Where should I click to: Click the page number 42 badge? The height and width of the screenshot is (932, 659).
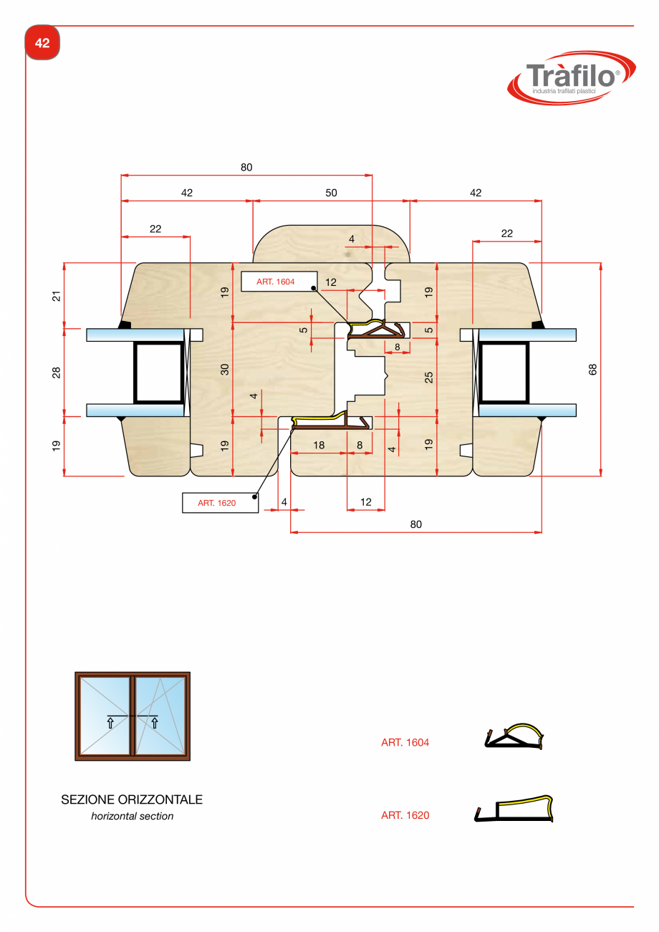(42, 43)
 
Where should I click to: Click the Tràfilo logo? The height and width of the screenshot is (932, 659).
(571, 77)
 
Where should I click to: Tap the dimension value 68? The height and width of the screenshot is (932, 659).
(592, 369)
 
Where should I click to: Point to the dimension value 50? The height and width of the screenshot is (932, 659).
(331, 193)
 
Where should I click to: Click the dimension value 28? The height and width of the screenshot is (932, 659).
(57, 372)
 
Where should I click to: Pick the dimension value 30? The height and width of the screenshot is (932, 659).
(224, 370)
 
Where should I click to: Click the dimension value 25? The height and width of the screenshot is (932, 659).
(428, 376)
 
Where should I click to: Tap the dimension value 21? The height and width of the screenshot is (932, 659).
(57, 295)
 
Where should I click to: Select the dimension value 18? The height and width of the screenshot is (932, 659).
(319, 445)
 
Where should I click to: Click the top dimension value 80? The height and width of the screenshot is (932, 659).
(246, 168)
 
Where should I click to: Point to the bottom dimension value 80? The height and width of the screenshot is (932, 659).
(416, 524)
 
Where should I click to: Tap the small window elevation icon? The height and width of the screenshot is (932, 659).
(133, 716)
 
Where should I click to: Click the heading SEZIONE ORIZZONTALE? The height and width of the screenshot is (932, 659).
(132, 799)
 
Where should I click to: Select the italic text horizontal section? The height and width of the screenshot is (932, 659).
(132, 816)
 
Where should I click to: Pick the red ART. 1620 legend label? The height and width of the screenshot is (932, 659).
(405, 815)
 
